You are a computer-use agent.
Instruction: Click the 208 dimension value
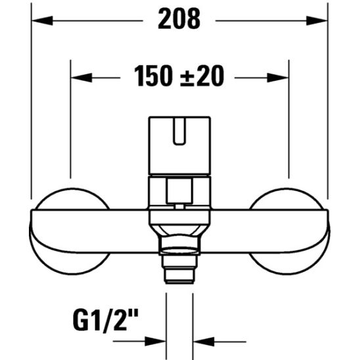(x=179, y=20)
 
